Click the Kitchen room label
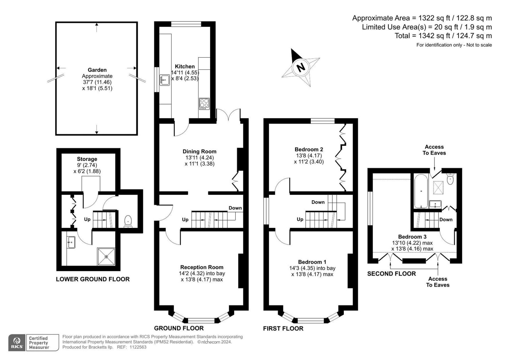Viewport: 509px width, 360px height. (x=185, y=66)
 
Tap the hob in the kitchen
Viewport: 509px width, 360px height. (x=204, y=104)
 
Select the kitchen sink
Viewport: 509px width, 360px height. (x=165, y=80)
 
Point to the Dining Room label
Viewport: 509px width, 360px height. (x=199, y=151)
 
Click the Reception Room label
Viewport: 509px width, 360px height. (x=202, y=267)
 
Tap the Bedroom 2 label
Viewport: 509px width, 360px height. (x=309, y=149)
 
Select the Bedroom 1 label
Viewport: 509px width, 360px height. (x=312, y=262)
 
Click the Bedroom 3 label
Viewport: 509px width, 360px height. (x=412, y=237)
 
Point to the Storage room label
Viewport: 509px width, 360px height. (x=87, y=159)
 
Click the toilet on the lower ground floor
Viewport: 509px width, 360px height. (x=128, y=222)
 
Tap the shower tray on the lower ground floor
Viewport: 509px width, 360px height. (x=106, y=257)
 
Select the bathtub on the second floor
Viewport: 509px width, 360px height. (x=421, y=191)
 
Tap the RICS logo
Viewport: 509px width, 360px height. (x=17, y=342)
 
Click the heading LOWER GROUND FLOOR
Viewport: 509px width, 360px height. (x=93, y=279)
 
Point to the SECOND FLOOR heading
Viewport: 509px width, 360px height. (x=392, y=274)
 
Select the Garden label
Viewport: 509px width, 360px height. (x=97, y=70)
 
